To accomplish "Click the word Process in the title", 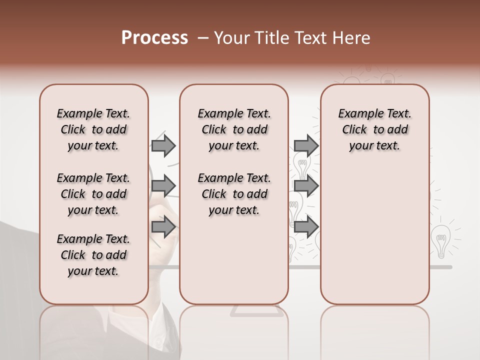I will click(x=154, y=38).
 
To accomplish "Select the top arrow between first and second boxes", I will click(x=163, y=145).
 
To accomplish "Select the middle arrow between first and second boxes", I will click(x=163, y=186).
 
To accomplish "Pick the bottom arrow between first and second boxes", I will click(x=163, y=226).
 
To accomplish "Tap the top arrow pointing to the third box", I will click(x=306, y=145).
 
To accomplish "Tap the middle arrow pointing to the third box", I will click(x=306, y=186).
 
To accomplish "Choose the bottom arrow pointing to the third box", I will click(x=306, y=226).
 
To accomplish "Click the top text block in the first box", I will click(x=93, y=129).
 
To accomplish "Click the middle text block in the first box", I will click(x=93, y=194).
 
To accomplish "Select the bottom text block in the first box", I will click(x=93, y=255).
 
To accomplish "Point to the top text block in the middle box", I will click(x=234, y=129).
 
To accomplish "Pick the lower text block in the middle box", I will click(x=234, y=194).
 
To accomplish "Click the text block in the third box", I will click(x=374, y=129).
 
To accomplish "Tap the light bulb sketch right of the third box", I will click(x=440, y=240).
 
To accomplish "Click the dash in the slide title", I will click(x=203, y=38).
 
